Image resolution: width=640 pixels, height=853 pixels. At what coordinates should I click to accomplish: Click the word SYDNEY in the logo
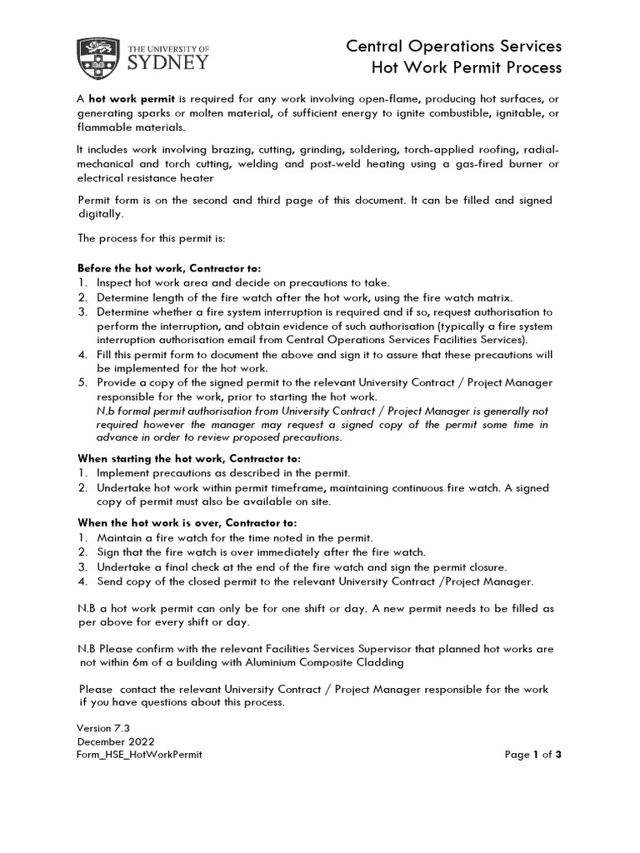(169, 62)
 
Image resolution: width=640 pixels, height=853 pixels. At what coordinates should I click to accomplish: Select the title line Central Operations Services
(454, 45)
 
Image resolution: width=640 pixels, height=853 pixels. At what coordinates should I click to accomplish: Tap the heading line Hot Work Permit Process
(466, 67)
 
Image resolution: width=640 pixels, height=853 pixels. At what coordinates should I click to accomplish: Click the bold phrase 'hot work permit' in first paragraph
(130, 98)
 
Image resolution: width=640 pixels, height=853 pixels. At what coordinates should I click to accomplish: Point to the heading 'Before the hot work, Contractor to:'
(169, 269)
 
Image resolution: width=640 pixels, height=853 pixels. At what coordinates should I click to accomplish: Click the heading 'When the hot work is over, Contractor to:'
(187, 523)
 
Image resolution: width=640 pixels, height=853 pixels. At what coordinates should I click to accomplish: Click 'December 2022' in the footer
(115, 741)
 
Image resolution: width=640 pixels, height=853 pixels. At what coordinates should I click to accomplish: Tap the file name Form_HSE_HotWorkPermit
(139, 755)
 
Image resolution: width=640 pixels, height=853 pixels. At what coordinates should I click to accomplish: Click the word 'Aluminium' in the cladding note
(261, 662)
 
